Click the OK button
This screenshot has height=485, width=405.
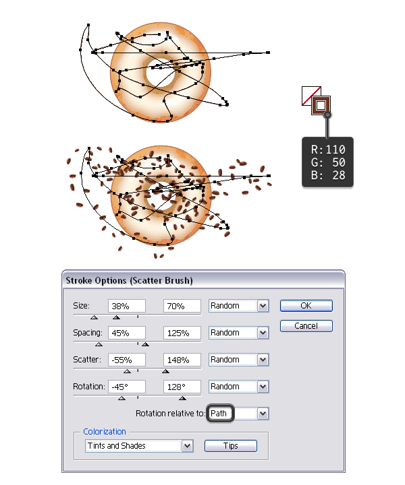coord(306,306)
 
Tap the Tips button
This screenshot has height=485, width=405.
coord(231,446)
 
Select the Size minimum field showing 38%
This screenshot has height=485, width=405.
coord(127,306)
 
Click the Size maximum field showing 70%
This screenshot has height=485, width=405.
coord(182,306)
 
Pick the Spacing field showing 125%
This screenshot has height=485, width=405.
coord(182,333)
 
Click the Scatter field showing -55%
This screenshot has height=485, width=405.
coord(127,360)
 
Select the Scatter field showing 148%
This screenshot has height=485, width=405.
coord(182,360)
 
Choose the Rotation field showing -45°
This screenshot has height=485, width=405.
coord(127,387)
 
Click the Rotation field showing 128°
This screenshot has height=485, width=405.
coord(182,387)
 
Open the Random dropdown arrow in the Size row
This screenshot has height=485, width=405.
coord(263,306)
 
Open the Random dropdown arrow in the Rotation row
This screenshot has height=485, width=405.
coord(263,387)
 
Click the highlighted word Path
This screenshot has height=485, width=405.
coord(219,413)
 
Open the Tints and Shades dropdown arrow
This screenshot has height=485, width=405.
coord(187,446)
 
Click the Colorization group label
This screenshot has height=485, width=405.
coord(105,432)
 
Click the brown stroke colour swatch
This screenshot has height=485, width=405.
coord(321,106)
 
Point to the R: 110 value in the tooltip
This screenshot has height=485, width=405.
coord(328,150)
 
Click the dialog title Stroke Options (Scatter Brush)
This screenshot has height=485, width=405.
coord(129,280)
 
